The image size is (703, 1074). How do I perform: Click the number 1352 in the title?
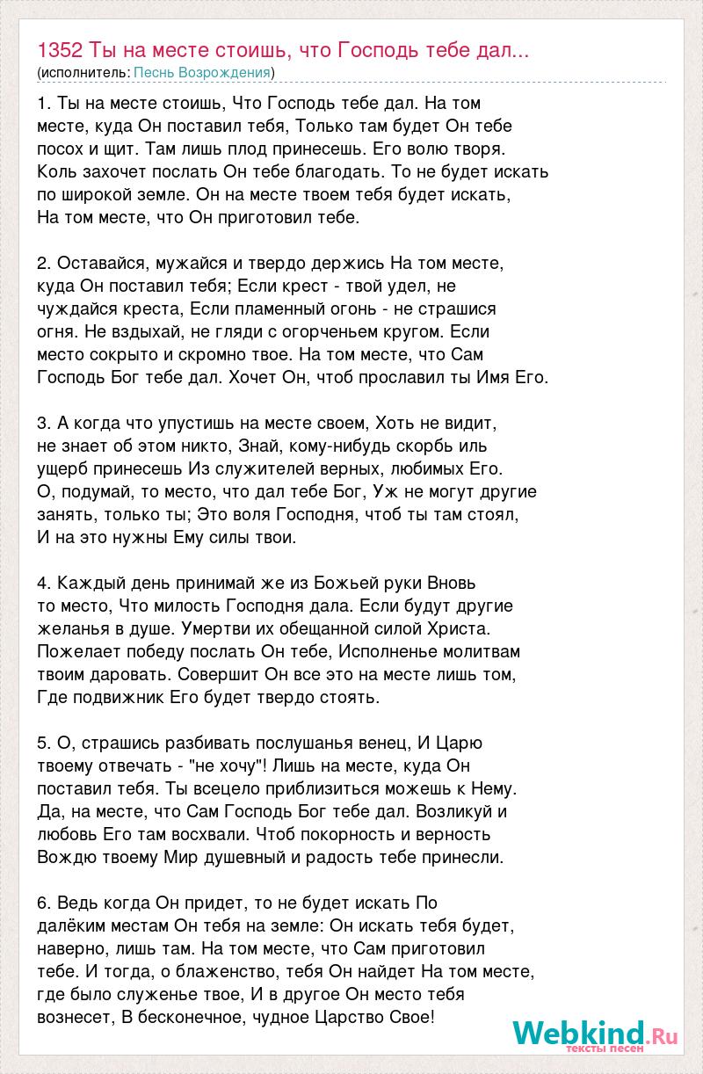[62, 49]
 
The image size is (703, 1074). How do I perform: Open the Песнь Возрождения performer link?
[201, 71]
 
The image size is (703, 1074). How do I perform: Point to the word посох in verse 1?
[62, 149]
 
